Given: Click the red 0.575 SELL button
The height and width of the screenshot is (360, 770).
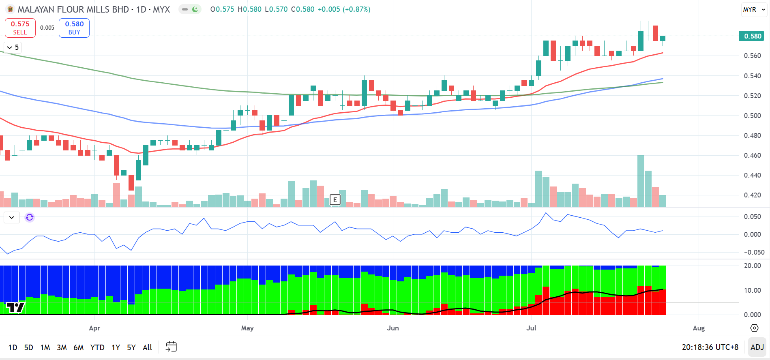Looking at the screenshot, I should tap(20, 28).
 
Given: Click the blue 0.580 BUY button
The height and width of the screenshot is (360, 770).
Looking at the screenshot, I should tap(74, 28).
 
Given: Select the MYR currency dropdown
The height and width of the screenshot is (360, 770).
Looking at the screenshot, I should tap(753, 9).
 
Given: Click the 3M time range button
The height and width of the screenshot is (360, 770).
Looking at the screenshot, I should tap(62, 347).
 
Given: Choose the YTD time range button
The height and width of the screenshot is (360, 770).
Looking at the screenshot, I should tap(97, 347).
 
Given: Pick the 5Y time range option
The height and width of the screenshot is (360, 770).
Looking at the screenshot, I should tap(131, 347).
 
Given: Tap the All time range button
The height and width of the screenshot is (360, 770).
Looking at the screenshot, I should tap(147, 347).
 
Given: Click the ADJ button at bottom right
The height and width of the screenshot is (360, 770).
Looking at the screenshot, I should tap(757, 347).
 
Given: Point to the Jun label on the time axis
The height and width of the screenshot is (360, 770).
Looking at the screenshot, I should tap(393, 328).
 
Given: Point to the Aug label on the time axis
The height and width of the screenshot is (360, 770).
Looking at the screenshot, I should tap(699, 328).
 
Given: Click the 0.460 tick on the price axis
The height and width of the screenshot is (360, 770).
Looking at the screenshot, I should tap(752, 155).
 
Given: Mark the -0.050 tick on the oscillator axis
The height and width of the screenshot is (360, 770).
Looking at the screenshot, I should tap(754, 252).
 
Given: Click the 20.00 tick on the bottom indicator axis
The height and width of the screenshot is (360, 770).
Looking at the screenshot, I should tap(752, 266).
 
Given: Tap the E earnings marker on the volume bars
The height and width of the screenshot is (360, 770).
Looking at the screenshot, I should tap(335, 199).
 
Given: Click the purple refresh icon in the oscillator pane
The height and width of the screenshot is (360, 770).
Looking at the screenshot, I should tap(30, 217).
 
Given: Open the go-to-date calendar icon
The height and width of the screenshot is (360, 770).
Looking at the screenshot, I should tap(171, 347).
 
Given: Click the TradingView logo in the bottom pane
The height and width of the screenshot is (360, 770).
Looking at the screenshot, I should tap(15, 308).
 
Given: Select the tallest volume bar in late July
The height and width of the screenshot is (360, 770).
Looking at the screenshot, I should tap(641, 181).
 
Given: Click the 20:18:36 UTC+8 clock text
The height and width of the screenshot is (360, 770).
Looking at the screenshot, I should tap(710, 347).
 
